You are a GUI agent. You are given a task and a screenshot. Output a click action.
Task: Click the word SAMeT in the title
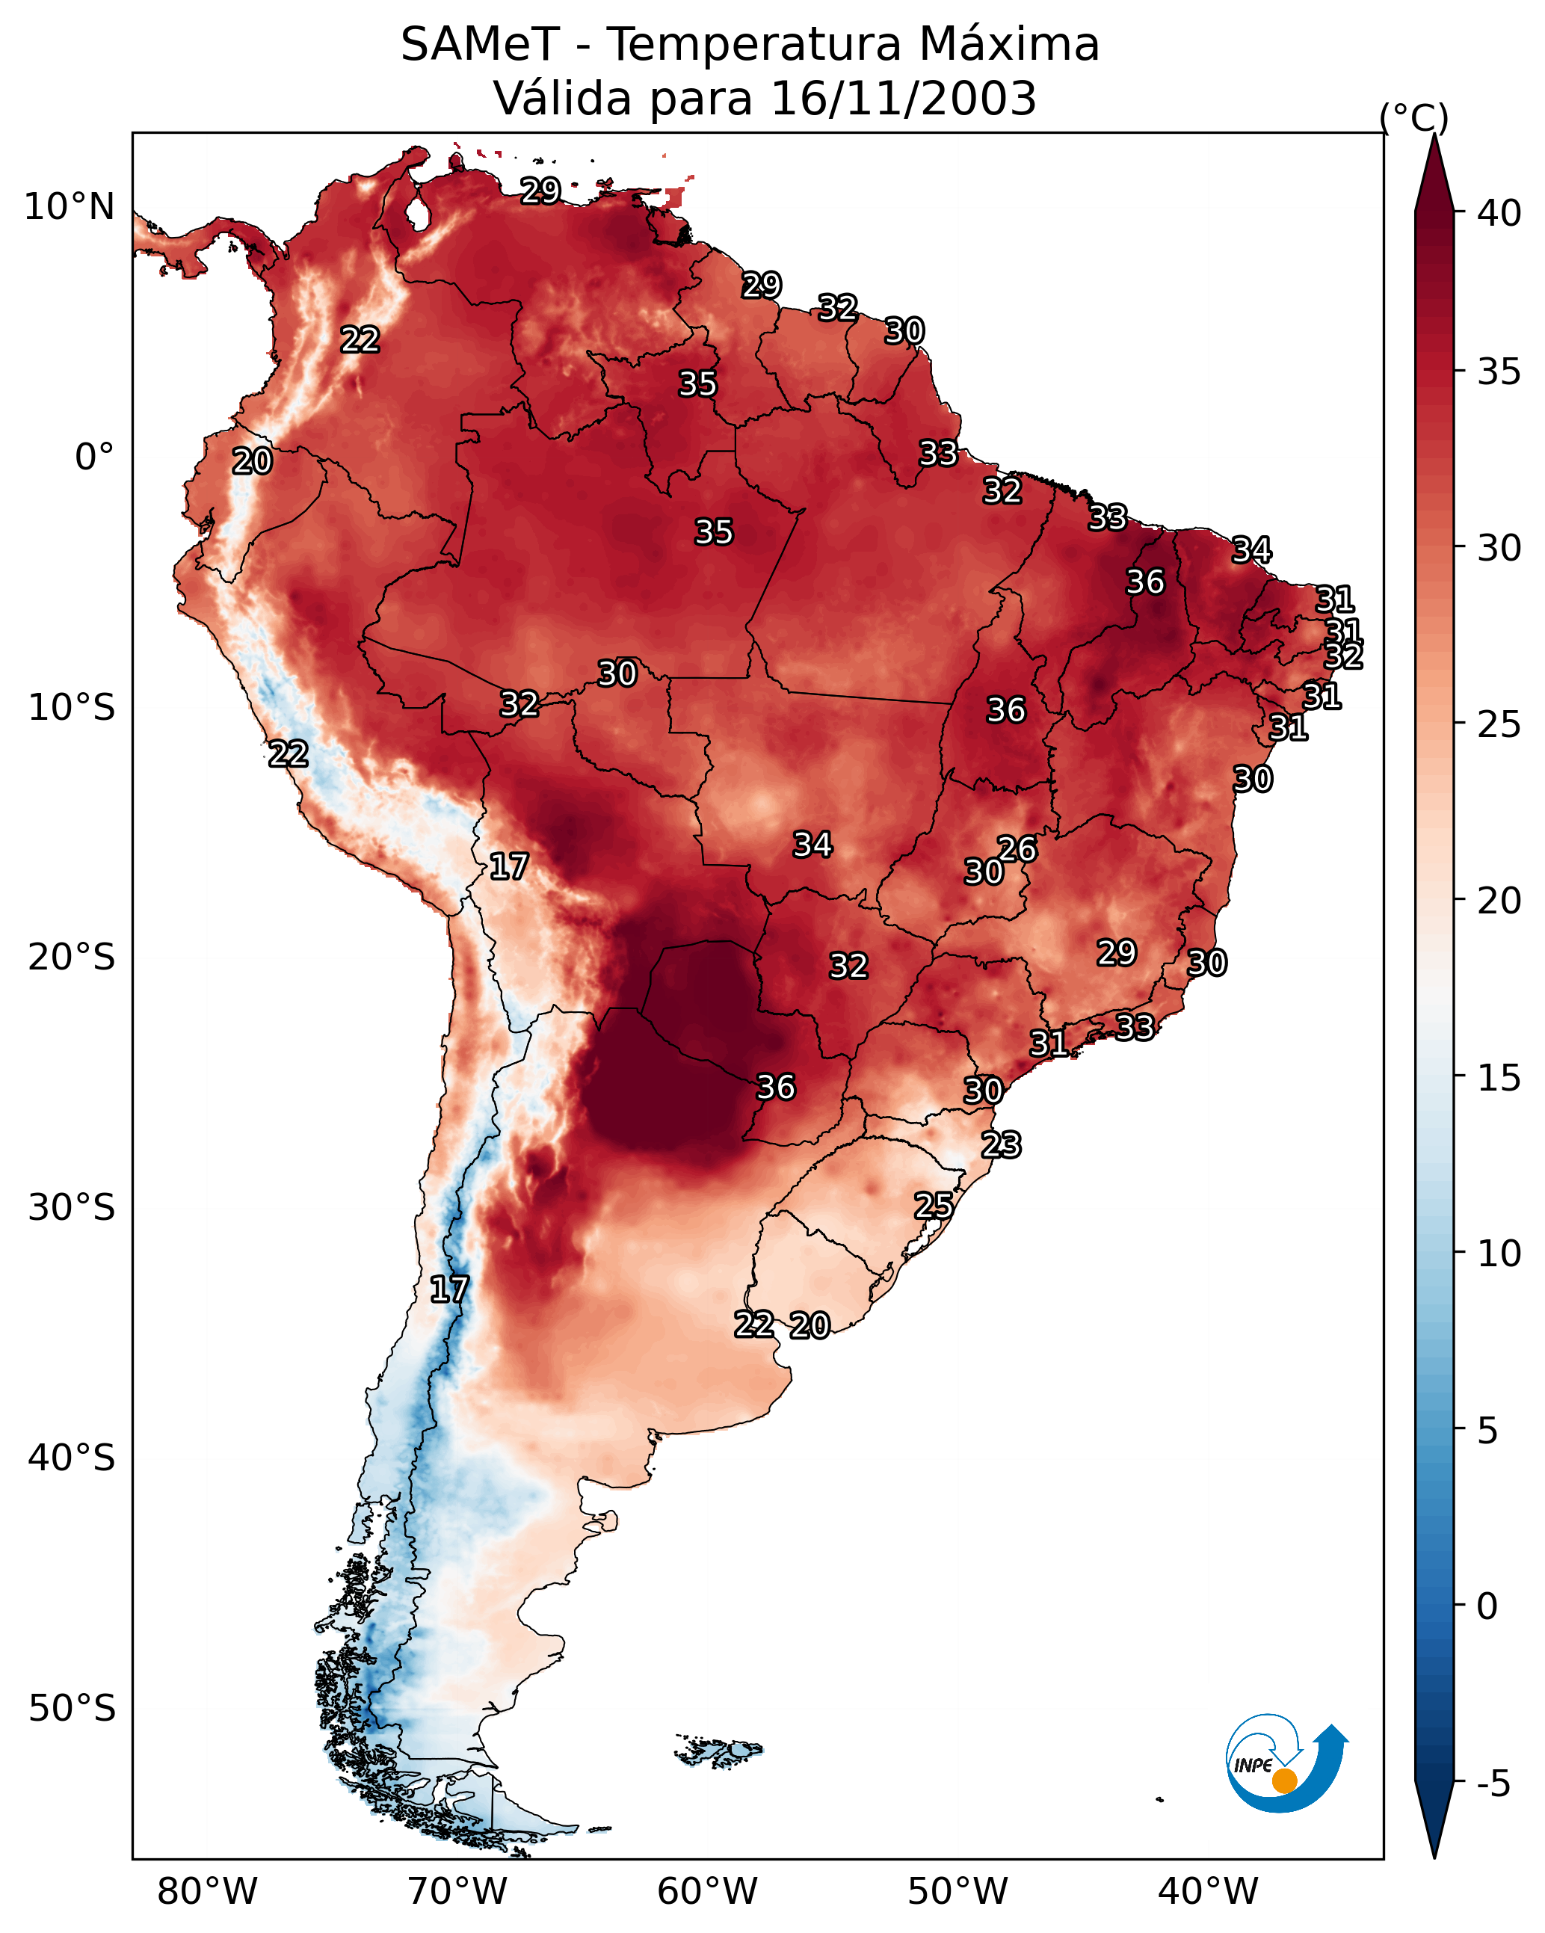tap(480, 45)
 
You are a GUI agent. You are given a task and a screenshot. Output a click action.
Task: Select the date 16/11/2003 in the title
tap(903, 99)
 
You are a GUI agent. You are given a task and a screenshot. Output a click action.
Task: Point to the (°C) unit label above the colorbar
tap(1414, 117)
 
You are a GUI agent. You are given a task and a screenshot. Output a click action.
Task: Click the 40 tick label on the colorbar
tap(1499, 213)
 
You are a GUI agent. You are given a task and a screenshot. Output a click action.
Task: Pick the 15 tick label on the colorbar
tap(1499, 1078)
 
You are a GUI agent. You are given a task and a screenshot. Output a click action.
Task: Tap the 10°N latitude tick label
tap(69, 207)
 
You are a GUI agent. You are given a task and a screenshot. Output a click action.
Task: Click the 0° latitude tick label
tap(94, 457)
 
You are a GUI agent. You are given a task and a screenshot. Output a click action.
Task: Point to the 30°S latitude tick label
tap(72, 1208)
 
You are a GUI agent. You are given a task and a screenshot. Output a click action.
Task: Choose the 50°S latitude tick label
tap(72, 1709)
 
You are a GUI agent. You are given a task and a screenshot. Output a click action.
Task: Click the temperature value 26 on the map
tap(1017, 849)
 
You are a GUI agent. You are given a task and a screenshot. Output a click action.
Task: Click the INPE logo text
tap(1253, 1766)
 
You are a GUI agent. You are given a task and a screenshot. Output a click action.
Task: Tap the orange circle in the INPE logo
tap(1284, 1781)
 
